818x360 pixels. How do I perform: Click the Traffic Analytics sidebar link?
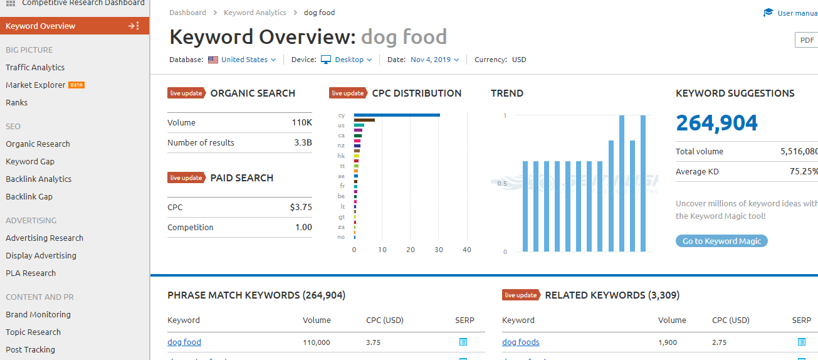tap(35, 67)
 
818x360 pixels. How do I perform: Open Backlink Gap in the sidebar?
tap(29, 196)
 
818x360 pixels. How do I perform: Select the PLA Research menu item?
tap(31, 273)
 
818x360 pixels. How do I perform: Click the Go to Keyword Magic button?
tap(721, 241)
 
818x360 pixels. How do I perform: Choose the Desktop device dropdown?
tap(349, 60)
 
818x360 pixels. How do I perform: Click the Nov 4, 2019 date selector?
tap(434, 60)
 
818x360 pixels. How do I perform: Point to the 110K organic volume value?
tap(302, 122)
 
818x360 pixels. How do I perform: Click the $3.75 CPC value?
tap(301, 207)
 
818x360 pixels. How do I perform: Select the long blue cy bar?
tap(397, 115)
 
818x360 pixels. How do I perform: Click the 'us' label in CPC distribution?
tap(341, 125)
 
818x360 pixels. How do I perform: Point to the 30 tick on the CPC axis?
tap(439, 250)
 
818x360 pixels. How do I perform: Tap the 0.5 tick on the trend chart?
tap(501, 184)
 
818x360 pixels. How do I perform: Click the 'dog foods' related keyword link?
tap(520, 342)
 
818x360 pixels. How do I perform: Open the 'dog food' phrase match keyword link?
tap(184, 342)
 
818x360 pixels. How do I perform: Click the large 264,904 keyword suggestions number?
tap(716, 123)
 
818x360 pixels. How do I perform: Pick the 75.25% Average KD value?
tap(804, 171)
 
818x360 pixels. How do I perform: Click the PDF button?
tap(807, 40)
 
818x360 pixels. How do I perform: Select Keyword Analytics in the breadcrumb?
tap(254, 13)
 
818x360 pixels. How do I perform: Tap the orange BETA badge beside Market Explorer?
tap(76, 85)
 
